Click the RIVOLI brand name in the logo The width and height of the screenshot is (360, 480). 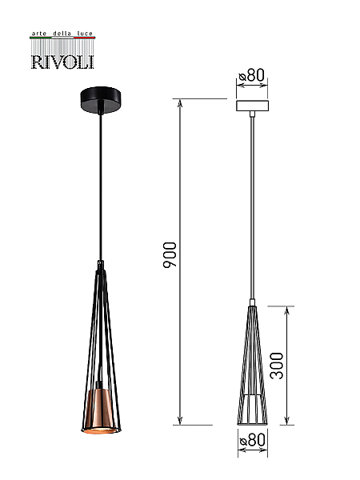coord(62,62)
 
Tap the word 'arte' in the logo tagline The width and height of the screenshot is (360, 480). coord(39,34)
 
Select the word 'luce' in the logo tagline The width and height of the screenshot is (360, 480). coord(85,34)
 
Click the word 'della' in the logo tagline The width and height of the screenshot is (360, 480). coord(62,34)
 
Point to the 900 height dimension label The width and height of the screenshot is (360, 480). coord(170,254)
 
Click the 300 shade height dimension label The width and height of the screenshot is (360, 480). coord(277,366)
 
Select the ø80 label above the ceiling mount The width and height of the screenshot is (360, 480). coord(252,74)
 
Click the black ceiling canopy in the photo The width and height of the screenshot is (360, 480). coord(101,100)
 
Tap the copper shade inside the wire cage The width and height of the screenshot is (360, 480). coord(101,411)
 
